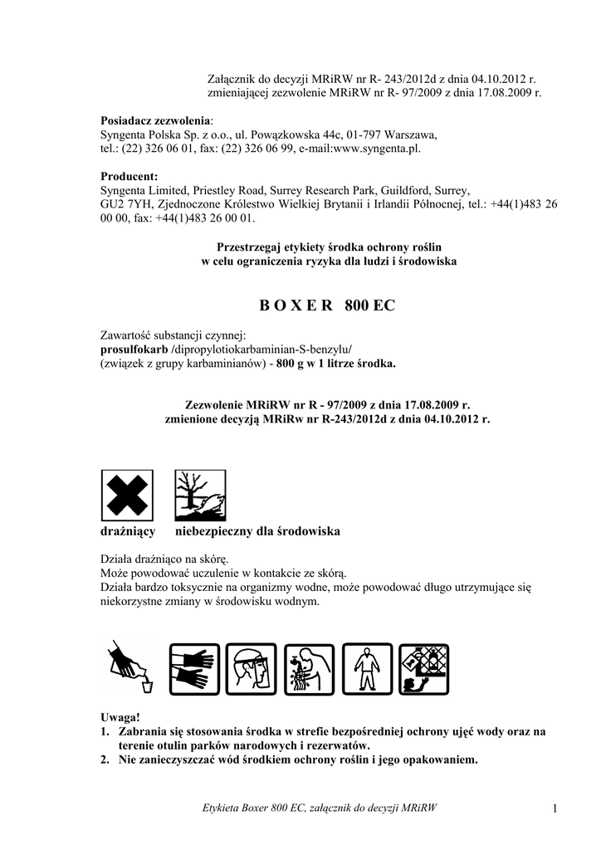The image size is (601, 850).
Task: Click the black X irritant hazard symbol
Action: [x=126, y=495]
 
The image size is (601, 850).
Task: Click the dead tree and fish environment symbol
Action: [x=199, y=495]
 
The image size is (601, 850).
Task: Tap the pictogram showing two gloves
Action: [x=194, y=668]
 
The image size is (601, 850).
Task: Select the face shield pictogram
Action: [x=251, y=668]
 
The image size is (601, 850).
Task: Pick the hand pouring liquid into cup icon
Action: [x=127, y=668]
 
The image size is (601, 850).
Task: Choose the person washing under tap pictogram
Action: [x=308, y=668]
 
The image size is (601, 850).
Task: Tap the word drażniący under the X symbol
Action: [x=128, y=530]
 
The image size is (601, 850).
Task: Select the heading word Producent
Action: [x=129, y=176]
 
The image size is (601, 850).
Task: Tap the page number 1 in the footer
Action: [x=551, y=808]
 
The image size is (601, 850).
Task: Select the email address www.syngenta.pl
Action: [x=376, y=148]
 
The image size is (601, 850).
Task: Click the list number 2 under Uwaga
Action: [x=105, y=759]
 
